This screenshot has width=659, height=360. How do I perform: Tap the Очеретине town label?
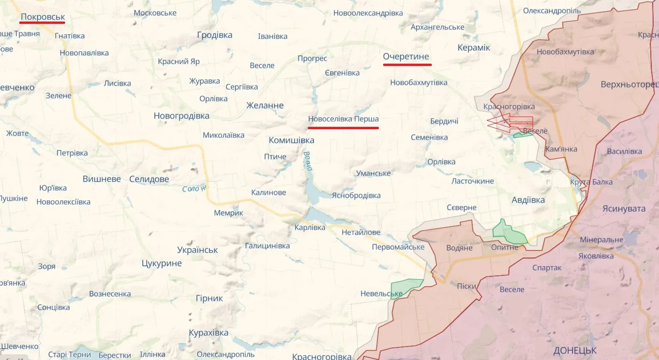tap(406, 57)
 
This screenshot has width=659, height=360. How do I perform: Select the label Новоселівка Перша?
tap(343, 119)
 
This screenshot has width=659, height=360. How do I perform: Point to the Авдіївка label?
tap(528, 200)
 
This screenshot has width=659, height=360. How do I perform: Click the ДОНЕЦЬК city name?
tap(575, 350)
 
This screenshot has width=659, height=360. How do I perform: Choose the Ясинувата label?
tap(624, 209)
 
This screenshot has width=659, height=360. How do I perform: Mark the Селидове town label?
tap(149, 179)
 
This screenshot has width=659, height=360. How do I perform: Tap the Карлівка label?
tap(310, 228)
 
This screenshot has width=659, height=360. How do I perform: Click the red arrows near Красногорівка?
tap(510, 123)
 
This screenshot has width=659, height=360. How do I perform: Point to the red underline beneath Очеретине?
tap(406, 65)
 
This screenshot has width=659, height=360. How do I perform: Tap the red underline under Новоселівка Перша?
tap(343, 127)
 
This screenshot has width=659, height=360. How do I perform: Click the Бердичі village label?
tap(444, 121)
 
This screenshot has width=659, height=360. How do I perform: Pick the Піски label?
tap(466, 286)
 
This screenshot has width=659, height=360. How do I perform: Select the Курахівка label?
tap(208, 333)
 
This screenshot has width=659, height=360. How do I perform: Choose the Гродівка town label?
tap(215, 35)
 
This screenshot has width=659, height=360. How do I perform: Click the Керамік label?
tap(474, 47)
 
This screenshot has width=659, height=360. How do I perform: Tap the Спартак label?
tap(547, 268)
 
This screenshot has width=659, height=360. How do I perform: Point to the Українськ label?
tap(197, 250)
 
